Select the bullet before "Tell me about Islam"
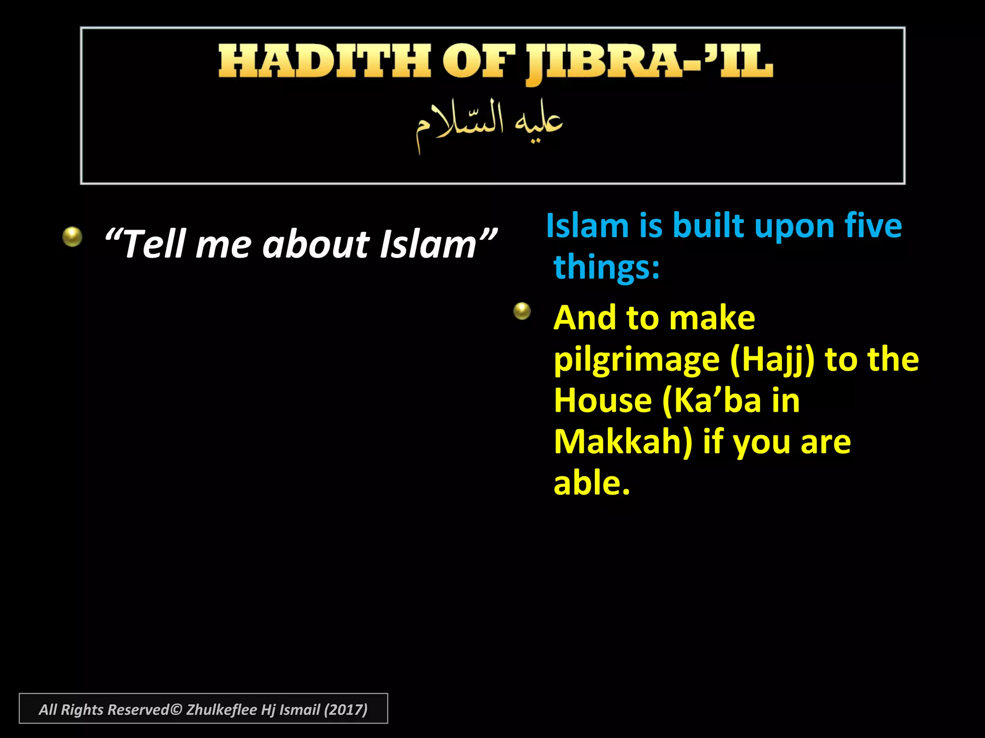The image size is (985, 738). click(x=72, y=236)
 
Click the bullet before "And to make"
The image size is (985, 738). click(x=522, y=311)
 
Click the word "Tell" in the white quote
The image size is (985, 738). click(x=153, y=244)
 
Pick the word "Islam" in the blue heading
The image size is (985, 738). click(x=587, y=226)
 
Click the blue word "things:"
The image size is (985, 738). click(x=606, y=267)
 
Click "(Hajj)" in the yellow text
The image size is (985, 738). click(x=772, y=359)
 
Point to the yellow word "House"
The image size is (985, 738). click(x=603, y=401)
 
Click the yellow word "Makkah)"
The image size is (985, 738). click(x=623, y=442)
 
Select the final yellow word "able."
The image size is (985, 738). click(x=592, y=483)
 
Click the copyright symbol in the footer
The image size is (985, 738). click(x=176, y=710)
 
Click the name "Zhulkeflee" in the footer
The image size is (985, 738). click(x=221, y=710)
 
